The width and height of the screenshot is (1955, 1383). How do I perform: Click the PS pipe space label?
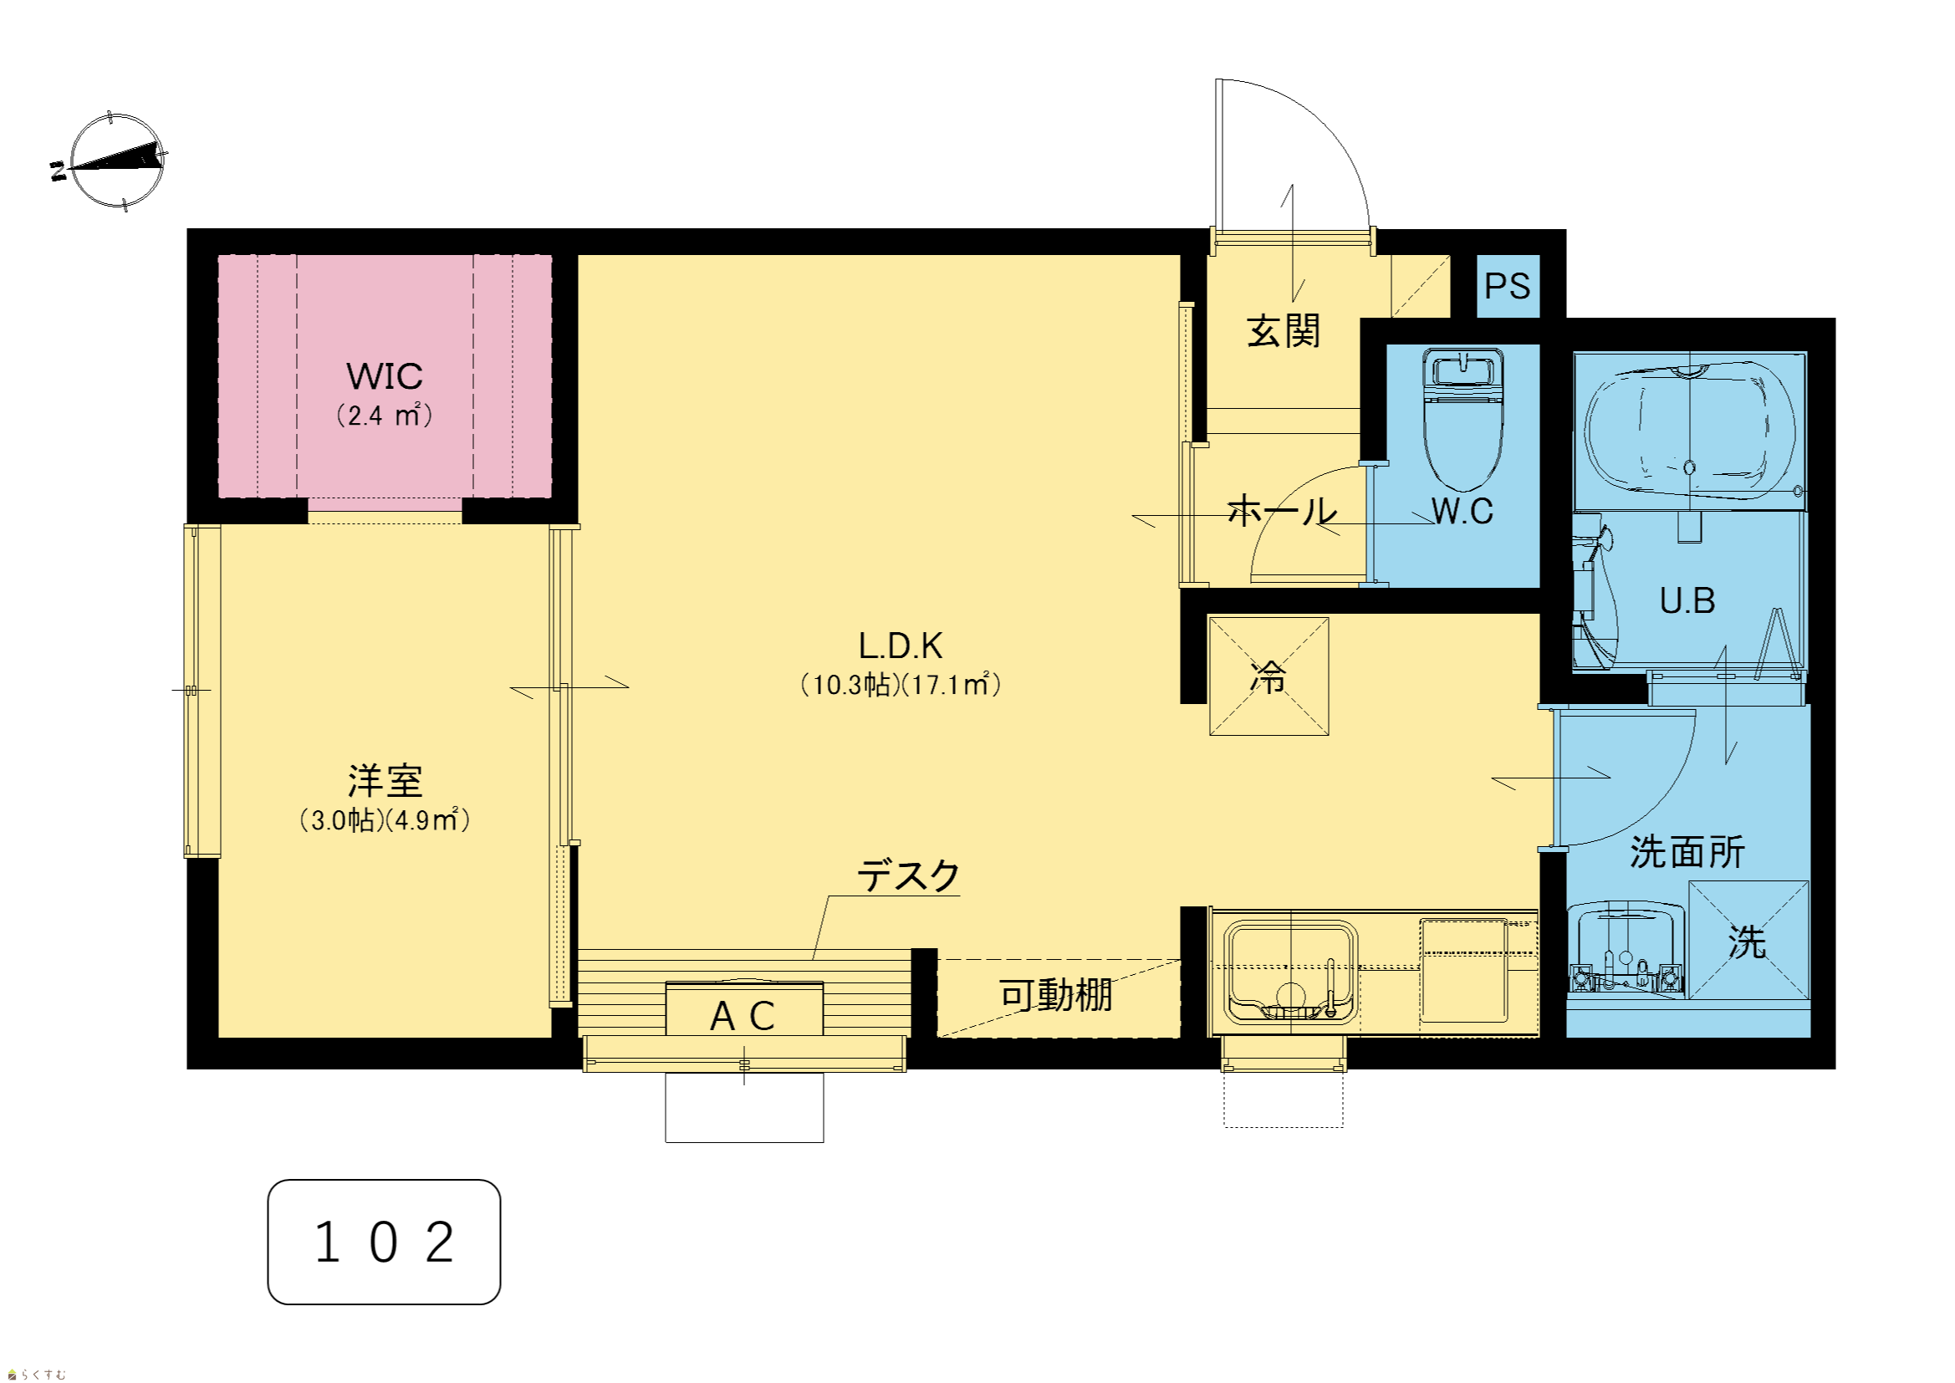[x=1507, y=286]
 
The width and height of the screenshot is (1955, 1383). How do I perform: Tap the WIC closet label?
[x=385, y=376]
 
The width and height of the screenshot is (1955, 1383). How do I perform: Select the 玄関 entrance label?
[x=1284, y=330]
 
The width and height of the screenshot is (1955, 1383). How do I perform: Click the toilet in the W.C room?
[x=1462, y=418]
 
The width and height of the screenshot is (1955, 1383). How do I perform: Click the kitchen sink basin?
[x=1291, y=970]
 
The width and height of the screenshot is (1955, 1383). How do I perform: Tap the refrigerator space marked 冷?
[x=1268, y=676]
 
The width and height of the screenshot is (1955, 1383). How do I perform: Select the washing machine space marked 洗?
[x=1749, y=940]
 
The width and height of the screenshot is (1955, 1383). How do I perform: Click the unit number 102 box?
[x=384, y=1242]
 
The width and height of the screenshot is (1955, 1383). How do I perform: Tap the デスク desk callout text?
[x=909, y=875]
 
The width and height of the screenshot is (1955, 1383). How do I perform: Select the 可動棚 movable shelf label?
[x=1056, y=995]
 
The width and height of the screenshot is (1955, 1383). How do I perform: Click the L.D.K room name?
[x=901, y=646]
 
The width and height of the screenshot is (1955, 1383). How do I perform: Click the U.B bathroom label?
[x=1687, y=600]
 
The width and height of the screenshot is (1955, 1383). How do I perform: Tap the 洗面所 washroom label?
[x=1687, y=851]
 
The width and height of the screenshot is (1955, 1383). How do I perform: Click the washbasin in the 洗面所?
[x=1626, y=949]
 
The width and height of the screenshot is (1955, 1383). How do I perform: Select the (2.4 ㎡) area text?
[x=385, y=415]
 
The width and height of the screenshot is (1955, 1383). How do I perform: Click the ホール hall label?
[x=1283, y=511]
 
